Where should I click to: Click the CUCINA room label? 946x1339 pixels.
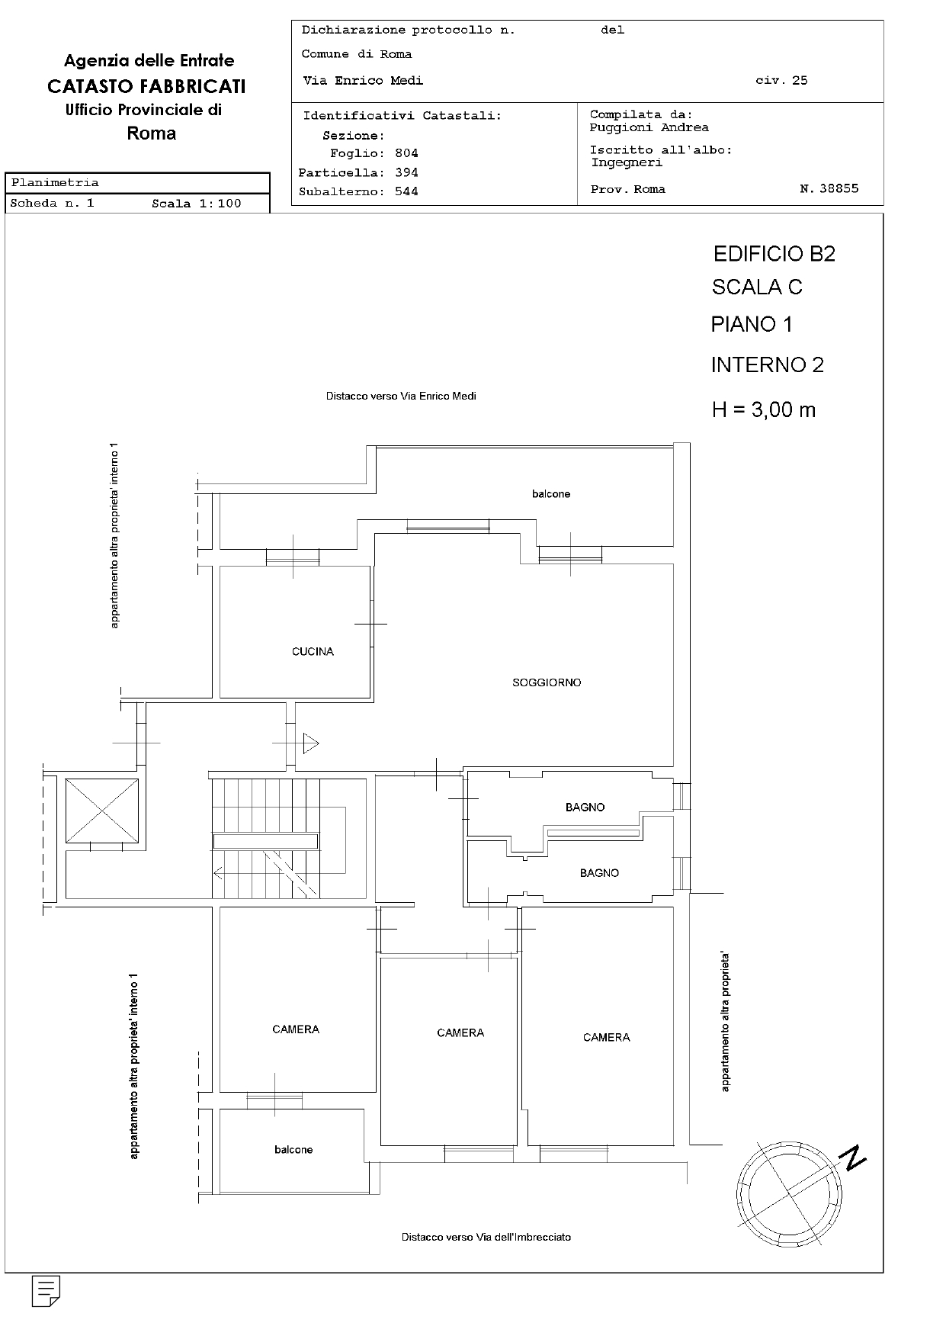click(313, 652)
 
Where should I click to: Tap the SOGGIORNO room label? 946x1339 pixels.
click(547, 683)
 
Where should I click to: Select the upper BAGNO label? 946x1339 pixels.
click(585, 808)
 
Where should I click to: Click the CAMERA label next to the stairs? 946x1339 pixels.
click(296, 1030)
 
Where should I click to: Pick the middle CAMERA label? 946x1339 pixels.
click(460, 1033)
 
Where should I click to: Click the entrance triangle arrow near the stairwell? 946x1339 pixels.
click(310, 743)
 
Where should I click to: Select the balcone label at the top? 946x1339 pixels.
click(551, 494)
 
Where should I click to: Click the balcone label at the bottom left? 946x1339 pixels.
click(293, 1150)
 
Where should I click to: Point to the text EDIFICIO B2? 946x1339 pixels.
click(774, 254)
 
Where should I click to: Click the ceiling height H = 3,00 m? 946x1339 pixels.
click(764, 410)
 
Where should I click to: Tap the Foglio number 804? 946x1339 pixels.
click(406, 153)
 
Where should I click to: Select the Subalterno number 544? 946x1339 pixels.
click(406, 191)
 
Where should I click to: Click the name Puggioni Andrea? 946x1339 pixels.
click(649, 127)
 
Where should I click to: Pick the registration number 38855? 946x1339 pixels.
click(839, 188)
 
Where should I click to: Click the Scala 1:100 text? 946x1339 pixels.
click(196, 204)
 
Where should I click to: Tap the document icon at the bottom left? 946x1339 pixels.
click(46, 1290)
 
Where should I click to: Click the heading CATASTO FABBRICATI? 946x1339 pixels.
click(146, 86)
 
